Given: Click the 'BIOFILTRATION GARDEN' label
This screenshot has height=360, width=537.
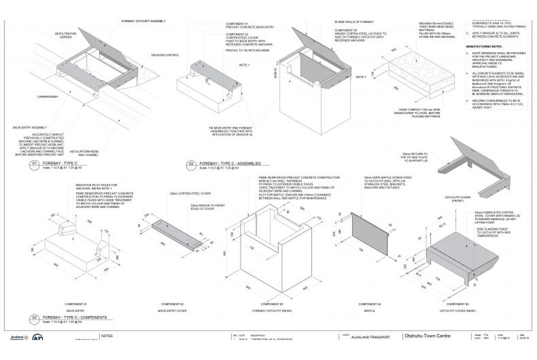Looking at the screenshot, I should coord(68,35).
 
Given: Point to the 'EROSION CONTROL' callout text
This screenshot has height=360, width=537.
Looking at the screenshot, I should coord(165,55).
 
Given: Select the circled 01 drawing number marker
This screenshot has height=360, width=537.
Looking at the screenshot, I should coord(34,164).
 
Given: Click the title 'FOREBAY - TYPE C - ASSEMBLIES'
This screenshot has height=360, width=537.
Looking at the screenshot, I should coord(230,164).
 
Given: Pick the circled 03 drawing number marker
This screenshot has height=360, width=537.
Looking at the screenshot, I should coord(34,318).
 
